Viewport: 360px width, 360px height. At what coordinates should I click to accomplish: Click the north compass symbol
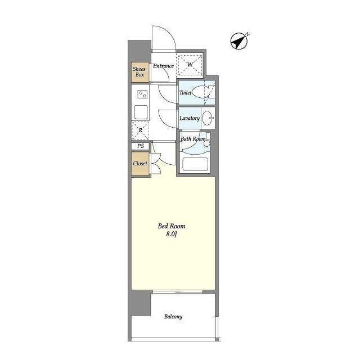(239, 41)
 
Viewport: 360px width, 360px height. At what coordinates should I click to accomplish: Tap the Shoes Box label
(139, 71)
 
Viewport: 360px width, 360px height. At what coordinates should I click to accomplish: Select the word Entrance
(163, 66)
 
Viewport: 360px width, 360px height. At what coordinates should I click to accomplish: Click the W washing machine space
(190, 65)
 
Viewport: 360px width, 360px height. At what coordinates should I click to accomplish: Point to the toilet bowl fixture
(202, 92)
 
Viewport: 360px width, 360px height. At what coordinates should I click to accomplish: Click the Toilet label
(185, 92)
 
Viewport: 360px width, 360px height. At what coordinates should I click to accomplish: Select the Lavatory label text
(190, 118)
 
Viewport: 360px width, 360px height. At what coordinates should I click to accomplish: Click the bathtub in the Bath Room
(195, 164)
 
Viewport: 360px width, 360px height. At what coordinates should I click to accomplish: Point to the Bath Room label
(193, 139)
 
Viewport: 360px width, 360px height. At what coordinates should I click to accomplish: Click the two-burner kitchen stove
(142, 94)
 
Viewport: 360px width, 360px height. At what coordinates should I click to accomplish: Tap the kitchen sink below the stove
(141, 112)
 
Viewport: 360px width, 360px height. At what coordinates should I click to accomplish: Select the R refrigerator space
(140, 130)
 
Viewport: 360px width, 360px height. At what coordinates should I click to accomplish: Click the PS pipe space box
(141, 146)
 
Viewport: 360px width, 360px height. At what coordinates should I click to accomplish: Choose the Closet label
(140, 164)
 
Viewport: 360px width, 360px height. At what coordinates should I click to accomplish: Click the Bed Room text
(172, 226)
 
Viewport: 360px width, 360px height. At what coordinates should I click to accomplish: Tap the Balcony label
(173, 317)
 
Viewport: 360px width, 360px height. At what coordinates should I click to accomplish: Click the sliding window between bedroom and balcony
(178, 291)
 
